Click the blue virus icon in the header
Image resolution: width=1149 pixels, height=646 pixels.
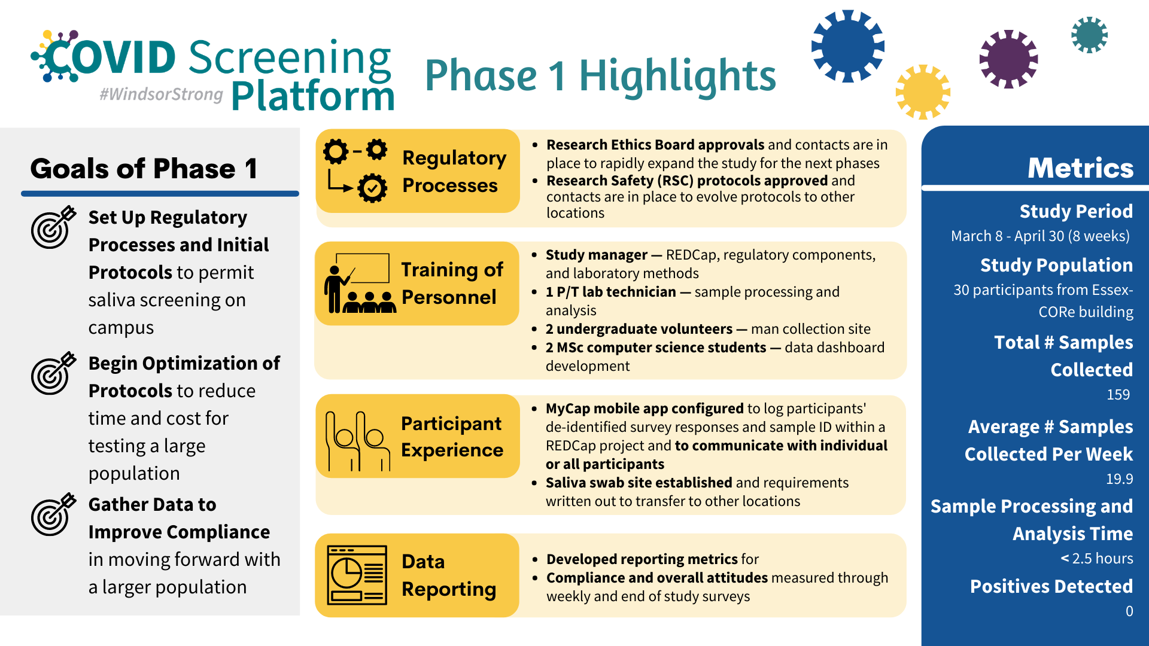pyautogui.click(x=847, y=46)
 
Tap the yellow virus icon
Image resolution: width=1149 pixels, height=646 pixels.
pyautogui.click(x=923, y=92)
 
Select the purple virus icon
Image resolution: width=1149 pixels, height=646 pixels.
pyautogui.click(x=1008, y=59)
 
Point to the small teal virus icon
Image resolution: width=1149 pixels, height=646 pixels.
pyautogui.click(x=1089, y=35)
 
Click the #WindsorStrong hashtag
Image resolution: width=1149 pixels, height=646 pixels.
pyautogui.click(x=161, y=95)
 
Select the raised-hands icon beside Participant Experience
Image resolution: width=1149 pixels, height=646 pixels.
pyautogui.click(x=357, y=441)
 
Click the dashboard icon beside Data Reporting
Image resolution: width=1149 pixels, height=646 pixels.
pyautogui.click(x=357, y=575)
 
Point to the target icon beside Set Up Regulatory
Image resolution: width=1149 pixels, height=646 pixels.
pyautogui.click(x=53, y=227)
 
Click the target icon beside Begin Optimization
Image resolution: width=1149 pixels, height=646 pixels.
pyautogui.click(x=53, y=373)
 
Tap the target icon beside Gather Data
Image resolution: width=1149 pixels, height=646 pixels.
pyautogui.click(x=53, y=514)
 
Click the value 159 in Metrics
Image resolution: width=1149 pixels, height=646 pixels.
pyautogui.click(x=1118, y=395)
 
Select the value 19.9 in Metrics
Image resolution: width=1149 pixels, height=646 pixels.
pyautogui.click(x=1119, y=479)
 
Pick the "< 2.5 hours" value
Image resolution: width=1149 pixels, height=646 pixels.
pyautogui.click(x=1097, y=559)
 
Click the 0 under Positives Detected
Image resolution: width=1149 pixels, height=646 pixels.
pyautogui.click(x=1129, y=611)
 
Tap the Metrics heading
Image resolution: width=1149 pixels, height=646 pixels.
pyautogui.click(x=1080, y=168)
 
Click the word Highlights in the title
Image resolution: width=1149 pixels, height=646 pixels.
pyautogui.click(x=677, y=77)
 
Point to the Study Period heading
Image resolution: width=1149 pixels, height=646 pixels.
pyautogui.click(x=1076, y=211)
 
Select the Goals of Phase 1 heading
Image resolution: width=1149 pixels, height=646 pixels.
pyautogui.click(x=144, y=169)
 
